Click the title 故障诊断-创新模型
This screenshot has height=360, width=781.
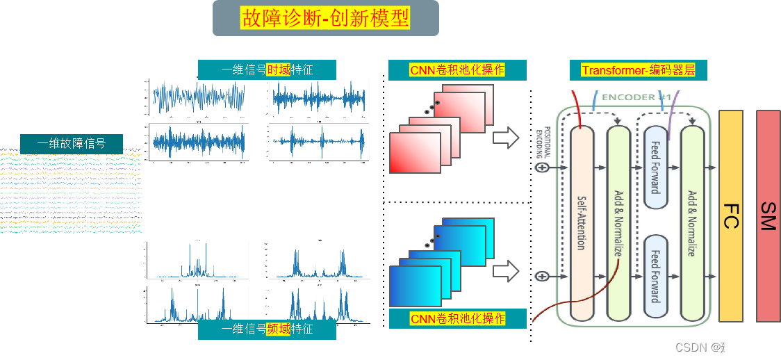click(325, 17)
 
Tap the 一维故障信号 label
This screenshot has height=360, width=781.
click(71, 144)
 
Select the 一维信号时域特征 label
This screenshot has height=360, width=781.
click(267, 69)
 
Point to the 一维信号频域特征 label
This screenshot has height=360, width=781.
click(267, 329)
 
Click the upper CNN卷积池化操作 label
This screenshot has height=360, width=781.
click(457, 69)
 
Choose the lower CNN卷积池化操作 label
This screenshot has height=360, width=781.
click(457, 319)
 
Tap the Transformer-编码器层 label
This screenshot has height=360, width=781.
click(638, 70)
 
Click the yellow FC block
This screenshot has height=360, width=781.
click(731, 215)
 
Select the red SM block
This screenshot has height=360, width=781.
click(768, 215)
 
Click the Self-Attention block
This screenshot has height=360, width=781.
click(582, 222)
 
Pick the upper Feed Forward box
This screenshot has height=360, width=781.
click(655, 167)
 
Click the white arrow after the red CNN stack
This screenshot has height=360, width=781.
click(506, 138)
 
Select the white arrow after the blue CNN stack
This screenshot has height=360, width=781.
click(506, 270)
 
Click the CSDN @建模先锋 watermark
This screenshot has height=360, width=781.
click(722, 346)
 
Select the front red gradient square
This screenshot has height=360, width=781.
click(415, 152)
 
